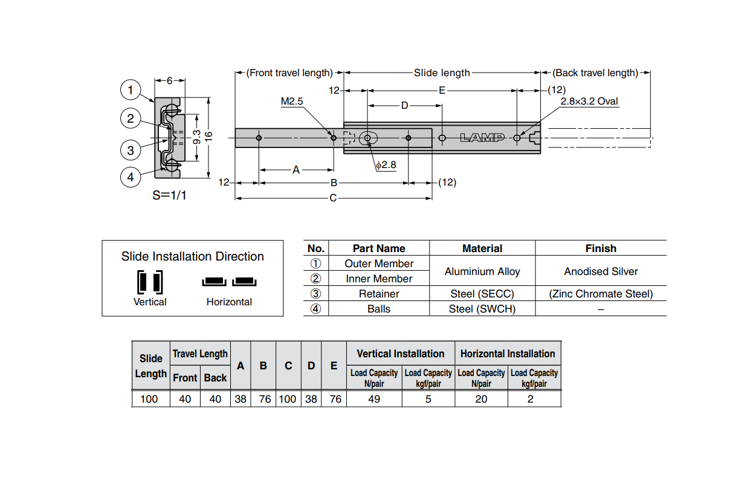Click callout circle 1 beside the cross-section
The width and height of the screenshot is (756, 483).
(x=131, y=90)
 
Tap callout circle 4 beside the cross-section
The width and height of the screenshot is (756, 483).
(x=131, y=177)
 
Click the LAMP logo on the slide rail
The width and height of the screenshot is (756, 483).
(x=482, y=138)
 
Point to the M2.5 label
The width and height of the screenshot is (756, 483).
(x=291, y=102)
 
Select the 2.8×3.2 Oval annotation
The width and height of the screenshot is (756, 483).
(x=589, y=102)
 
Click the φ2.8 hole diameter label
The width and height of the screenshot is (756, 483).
(x=386, y=164)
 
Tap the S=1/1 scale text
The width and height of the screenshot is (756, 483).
(x=169, y=196)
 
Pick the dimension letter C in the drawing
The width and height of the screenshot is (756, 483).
(x=333, y=198)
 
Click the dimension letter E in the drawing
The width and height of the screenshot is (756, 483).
(x=442, y=91)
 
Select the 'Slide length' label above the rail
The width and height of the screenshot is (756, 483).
(x=442, y=73)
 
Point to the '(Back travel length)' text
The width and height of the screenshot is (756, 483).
(x=595, y=73)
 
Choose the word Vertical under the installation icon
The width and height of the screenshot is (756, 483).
(x=150, y=302)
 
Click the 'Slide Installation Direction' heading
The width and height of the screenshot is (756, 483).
(x=192, y=256)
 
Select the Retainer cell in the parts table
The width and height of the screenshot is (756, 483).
(x=379, y=294)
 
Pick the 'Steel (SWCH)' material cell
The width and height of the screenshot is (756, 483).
(x=482, y=309)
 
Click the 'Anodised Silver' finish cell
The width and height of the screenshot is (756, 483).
(x=601, y=271)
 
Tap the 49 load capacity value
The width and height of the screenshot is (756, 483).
(x=374, y=399)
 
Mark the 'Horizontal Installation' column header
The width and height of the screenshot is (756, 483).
(x=508, y=354)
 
